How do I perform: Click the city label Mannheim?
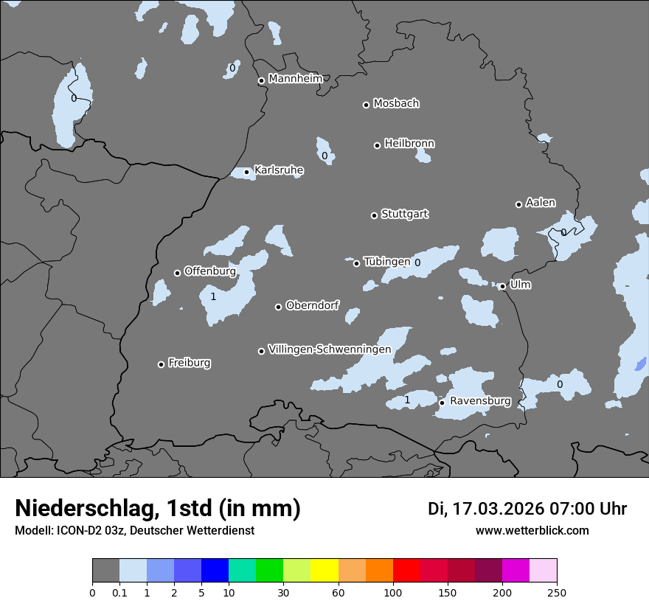(x=295, y=78)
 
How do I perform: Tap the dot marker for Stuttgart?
(x=374, y=215)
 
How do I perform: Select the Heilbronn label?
(x=409, y=143)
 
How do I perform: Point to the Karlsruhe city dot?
(x=246, y=172)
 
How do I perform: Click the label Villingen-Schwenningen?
(x=330, y=349)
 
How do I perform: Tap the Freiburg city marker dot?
(x=161, y=364)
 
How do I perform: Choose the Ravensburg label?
(x=480, y=401)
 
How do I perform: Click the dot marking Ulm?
(x=502, y=287)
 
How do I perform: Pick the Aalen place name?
(x=541, y=203)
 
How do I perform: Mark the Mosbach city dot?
(x=366, y=105)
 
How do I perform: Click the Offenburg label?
(x=210, y=271)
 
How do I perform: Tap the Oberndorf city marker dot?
(x=278, y=307)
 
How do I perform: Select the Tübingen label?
(x=387, y=262)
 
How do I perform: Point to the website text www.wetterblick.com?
(x=532, y=531)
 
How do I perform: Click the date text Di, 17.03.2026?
(x=485, y=509)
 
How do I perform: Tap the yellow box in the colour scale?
(x=324, y=571)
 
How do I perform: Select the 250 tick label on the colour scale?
(x=556, y=591)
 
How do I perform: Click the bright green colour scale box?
(x=270, y=571)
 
